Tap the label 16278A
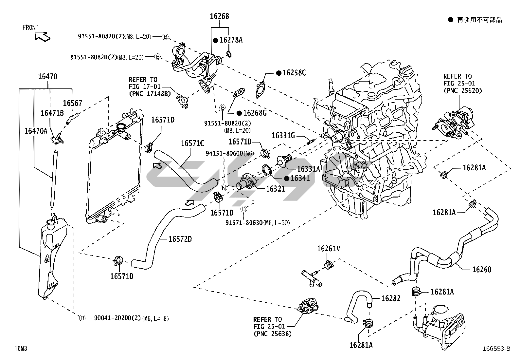[x=231, y=40]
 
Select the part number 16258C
[x=294, y=73]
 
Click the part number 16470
[x=47, y=77]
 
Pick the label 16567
[x=72, y=103]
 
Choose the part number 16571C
[x=192, y=143]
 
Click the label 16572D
[x=180, y=239]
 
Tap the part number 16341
[x=300, y=178]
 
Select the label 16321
[x=275, y=189]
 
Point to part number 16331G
[x=283, y=135]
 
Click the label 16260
[x=482, y=270]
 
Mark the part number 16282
[x=391, y=298]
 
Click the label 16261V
[x=329, y=249]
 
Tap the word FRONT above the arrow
[x=30, y=28]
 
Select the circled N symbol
[x=224, y=188]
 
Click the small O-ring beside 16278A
[x=229, y=53]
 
